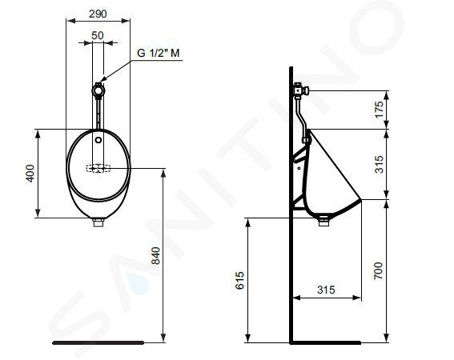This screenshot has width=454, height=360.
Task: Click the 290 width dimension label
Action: click(98, 14)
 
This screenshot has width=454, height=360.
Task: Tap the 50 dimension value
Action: click(98, 35)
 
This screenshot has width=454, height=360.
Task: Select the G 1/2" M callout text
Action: click(158, 53)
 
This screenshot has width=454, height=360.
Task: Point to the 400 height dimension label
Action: click(30, 173)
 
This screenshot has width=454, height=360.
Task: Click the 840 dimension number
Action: click(156, 255)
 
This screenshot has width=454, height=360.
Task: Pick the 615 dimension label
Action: click(239, 280)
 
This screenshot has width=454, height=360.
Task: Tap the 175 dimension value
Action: click(379, 110)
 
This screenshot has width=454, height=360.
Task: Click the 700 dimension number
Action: click(378, 271)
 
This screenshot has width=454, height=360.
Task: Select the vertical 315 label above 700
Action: click(379, 164)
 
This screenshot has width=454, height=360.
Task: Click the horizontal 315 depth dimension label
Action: click(326, 290)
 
